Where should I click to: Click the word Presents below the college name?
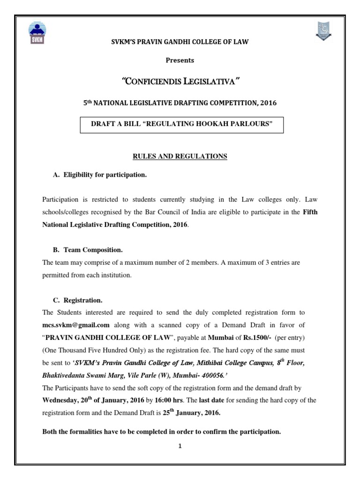click(x=180, y=60)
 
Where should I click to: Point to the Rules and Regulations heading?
click(x=180, y=157)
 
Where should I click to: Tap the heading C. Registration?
click(x=78, y=300)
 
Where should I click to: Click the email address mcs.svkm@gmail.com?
click(x=76, y=324)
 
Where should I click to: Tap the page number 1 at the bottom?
click(x=180, y=446)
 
